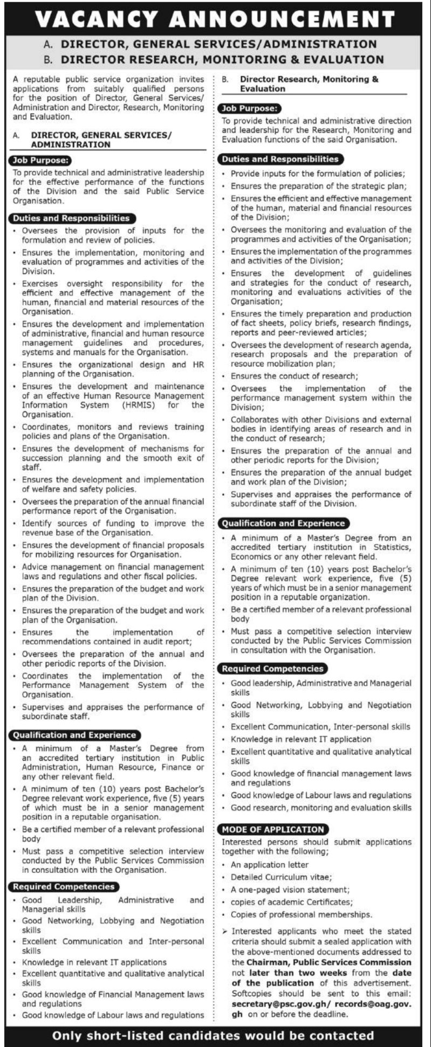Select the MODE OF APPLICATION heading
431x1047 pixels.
click(274, 829)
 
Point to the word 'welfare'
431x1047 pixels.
click(36, 489)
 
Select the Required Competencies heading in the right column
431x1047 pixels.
click(273, 669)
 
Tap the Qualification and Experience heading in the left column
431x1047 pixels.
click(73, 735)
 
